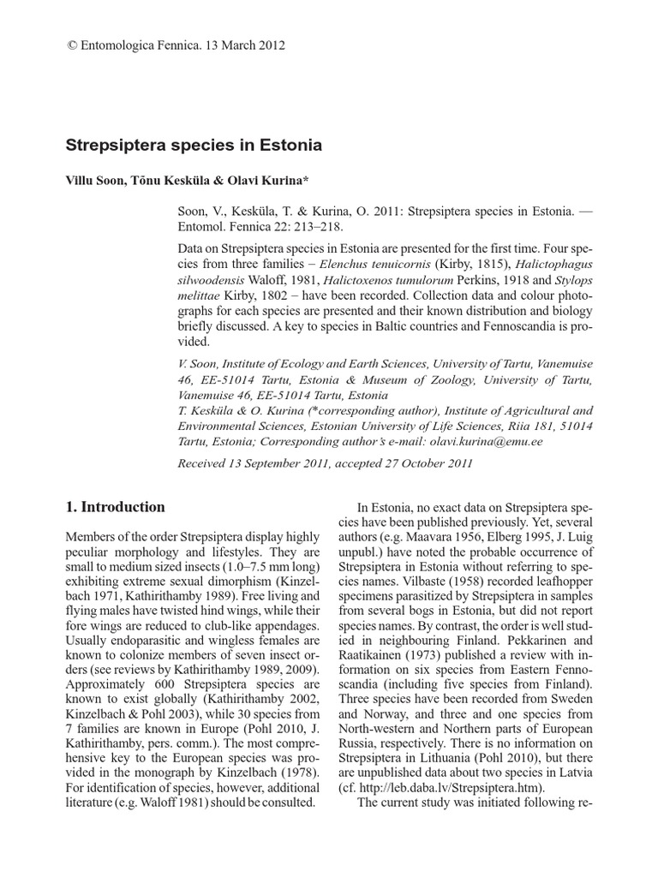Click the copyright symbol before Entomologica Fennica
click(x=71, y=45)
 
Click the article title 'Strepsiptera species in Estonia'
click(x=194, y=145)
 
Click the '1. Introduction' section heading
click(x=116, y=506)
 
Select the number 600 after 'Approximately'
click(x=149, y=684)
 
